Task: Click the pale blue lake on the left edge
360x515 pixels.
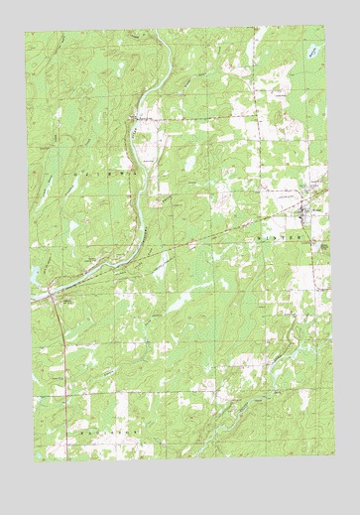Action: [33, 271]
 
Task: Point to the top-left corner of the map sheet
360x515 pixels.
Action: [26, 31]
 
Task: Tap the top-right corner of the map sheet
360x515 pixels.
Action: [329, 27]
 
